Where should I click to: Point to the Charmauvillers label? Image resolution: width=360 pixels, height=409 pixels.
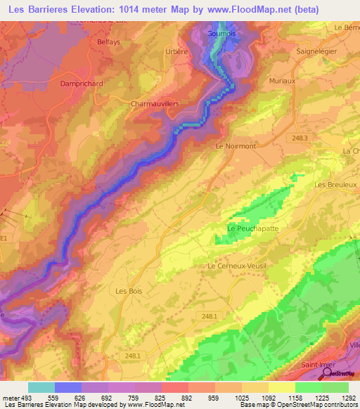155,103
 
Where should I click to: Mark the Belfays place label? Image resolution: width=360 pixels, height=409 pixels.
109,41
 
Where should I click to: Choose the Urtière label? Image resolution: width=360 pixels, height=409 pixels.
175,51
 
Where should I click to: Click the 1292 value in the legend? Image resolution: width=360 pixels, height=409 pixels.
349,398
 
